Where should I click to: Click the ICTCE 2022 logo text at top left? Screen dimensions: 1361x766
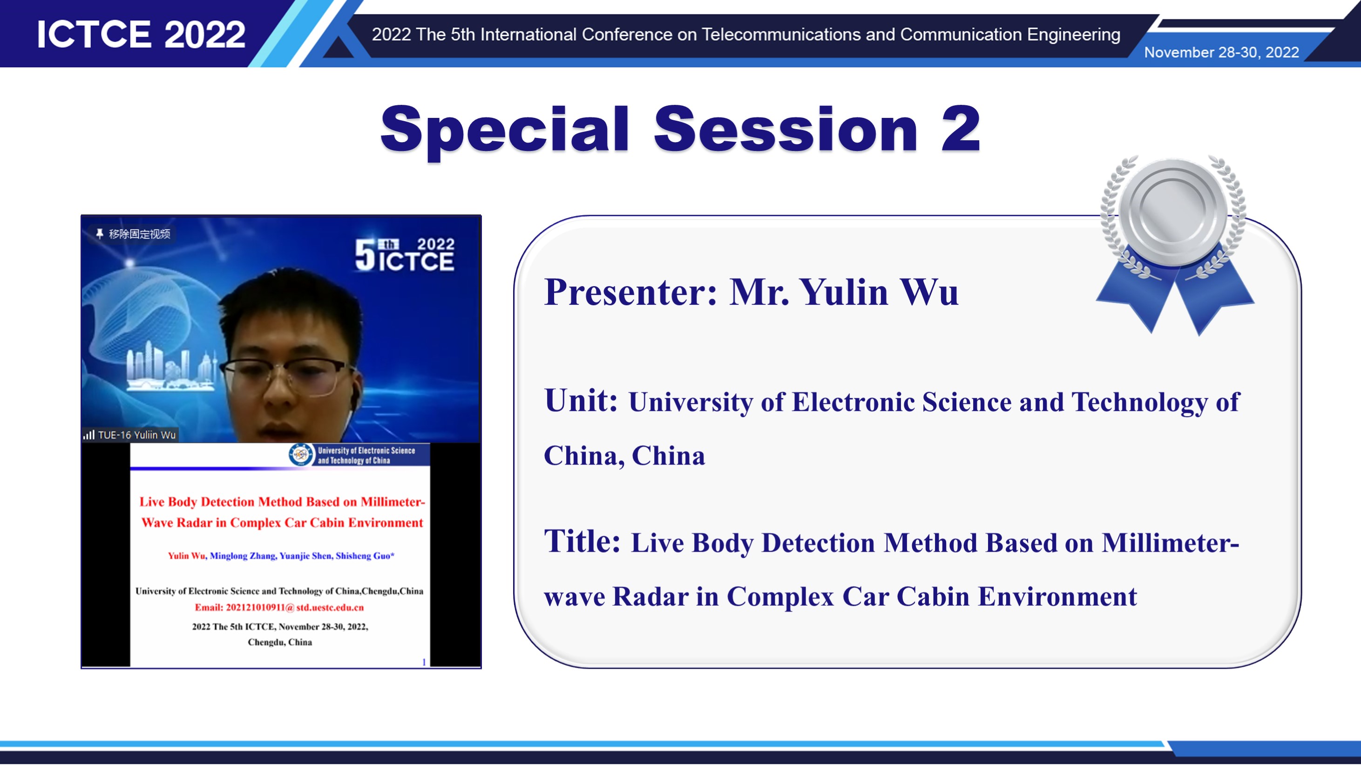[141, 34]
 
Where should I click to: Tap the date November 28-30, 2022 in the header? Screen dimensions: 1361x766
[1221, 52]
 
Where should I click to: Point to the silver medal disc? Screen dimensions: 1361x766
[1173, 211]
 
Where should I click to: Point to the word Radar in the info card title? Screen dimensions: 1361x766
[650, 596]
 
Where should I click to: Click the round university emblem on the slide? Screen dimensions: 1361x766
[301, 454]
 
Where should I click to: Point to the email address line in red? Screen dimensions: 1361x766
[279, 608]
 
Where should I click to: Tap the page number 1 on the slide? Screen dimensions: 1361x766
[424, 662]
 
